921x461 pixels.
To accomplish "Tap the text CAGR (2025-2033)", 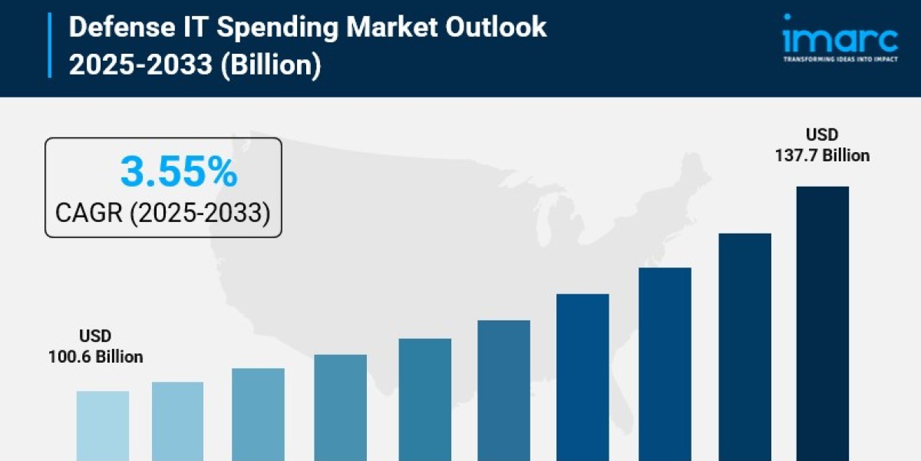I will pyautogui.click(x=163, y=212).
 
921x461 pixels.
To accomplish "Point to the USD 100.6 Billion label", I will pyautogui.click(x=95, y=347).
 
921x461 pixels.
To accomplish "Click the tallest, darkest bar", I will pyautogui.click(x=822, y=323).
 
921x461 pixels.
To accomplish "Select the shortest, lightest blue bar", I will pyautogui.click(x=102, y=426).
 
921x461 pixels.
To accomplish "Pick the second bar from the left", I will pyautogui.click(x=177, y=421).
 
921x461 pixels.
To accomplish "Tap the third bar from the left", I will pyautogui.click(x=258, y=414).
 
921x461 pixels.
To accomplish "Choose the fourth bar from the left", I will pyautogui.click(x=340, y=407).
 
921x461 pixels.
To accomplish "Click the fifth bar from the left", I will pyautogui.click(x=424, y=400).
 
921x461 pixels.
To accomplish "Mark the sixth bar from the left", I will pyautogui.click(x=503, y=390).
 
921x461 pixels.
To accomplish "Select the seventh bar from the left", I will pyautogui.click(x=583, y=376).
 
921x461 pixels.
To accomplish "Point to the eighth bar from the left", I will pyautogui.click(x=665, y=363).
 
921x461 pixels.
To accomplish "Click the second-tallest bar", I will pyautogui.click(x=744, y=347).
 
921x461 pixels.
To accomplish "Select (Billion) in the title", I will pyautogui.click(x=269, y=65).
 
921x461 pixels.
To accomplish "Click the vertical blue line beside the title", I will pyautogui.click(x=51, y=45).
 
